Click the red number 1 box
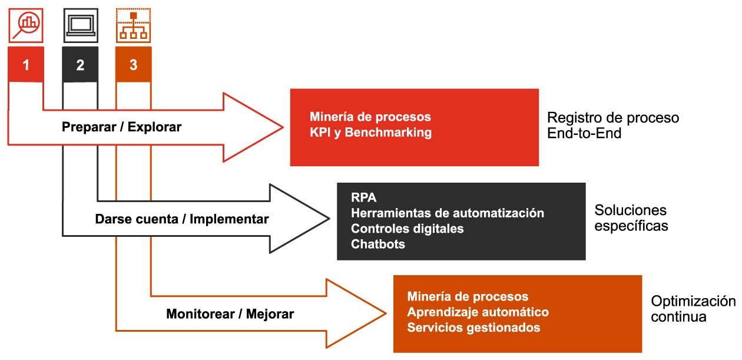click(26, 65)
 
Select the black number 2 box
click(80, 65)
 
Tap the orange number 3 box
click(134, 65)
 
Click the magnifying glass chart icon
click(26, 25)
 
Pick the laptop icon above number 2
click(80, 25)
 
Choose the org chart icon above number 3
click(134, 25)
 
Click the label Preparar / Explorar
click(121, 127)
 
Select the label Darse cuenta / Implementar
click(181, 219)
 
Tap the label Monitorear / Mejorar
click(230, 313)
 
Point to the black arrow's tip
click(328, 219)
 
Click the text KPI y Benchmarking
click(370, 132)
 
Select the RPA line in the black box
click(363, 197)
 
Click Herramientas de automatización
click(447, 212)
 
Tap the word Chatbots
click(378, 243)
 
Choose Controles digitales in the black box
click(407, 228)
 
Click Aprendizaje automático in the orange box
click(478, 312)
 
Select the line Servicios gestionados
click(473, 327)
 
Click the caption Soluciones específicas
click(631, 217)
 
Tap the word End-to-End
click(584, 133)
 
